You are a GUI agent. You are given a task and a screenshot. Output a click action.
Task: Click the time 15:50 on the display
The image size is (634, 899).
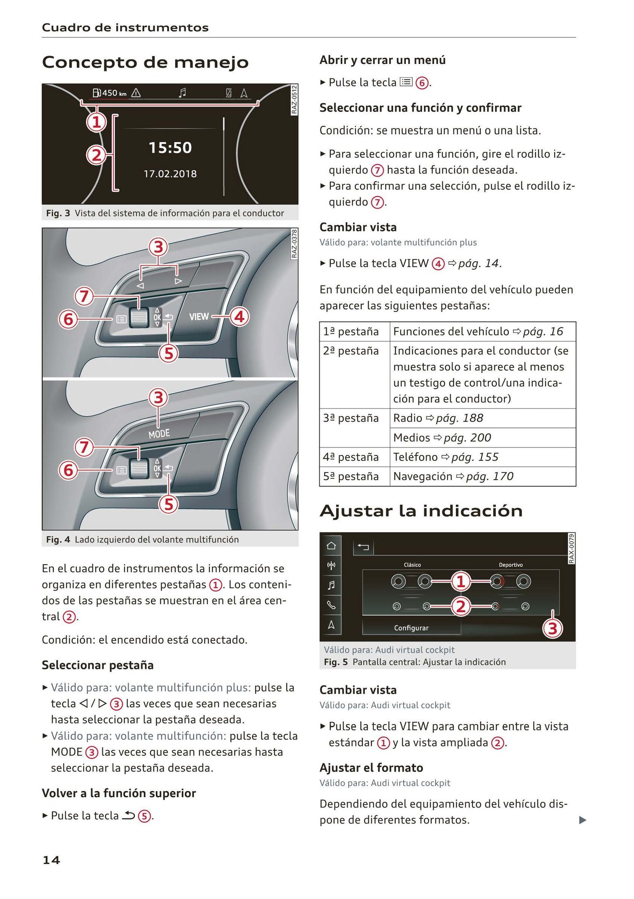point(170,148)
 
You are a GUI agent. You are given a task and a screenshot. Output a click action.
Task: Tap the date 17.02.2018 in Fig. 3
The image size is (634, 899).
point(170,174)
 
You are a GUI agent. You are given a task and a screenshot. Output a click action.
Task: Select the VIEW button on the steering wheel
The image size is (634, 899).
point(199,316)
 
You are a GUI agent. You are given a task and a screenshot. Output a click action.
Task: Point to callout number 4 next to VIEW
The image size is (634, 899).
point(239,317)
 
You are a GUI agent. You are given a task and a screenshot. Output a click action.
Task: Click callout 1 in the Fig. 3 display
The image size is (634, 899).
point(97,122)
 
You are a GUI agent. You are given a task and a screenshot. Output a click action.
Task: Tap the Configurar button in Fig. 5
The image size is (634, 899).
point(411,628)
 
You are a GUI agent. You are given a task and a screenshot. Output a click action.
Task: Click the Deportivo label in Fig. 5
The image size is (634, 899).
point(511,565)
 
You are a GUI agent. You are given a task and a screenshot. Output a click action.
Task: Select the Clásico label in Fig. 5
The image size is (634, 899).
point(412,565)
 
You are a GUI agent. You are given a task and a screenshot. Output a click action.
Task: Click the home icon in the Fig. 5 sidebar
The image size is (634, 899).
point(331,546)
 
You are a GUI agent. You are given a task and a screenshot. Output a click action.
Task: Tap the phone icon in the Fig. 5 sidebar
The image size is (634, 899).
point(331,605)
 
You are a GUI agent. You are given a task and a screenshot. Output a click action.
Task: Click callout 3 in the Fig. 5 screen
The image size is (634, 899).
point(552,629)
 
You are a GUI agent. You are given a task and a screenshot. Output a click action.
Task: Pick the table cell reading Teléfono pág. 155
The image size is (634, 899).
point(446,457)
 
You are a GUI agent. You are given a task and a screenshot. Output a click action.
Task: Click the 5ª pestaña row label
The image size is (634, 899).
point(351,476)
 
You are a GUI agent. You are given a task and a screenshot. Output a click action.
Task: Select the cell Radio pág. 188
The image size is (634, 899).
point(438,418)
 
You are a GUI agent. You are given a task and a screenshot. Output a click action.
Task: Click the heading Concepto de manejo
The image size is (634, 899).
point(145,62)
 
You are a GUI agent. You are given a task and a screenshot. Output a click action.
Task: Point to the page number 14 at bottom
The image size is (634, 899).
point(51,860)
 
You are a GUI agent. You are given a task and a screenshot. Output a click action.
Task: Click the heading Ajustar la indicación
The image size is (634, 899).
point(421,511)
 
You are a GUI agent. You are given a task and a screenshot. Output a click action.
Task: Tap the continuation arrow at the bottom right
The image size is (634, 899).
point(582,820)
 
